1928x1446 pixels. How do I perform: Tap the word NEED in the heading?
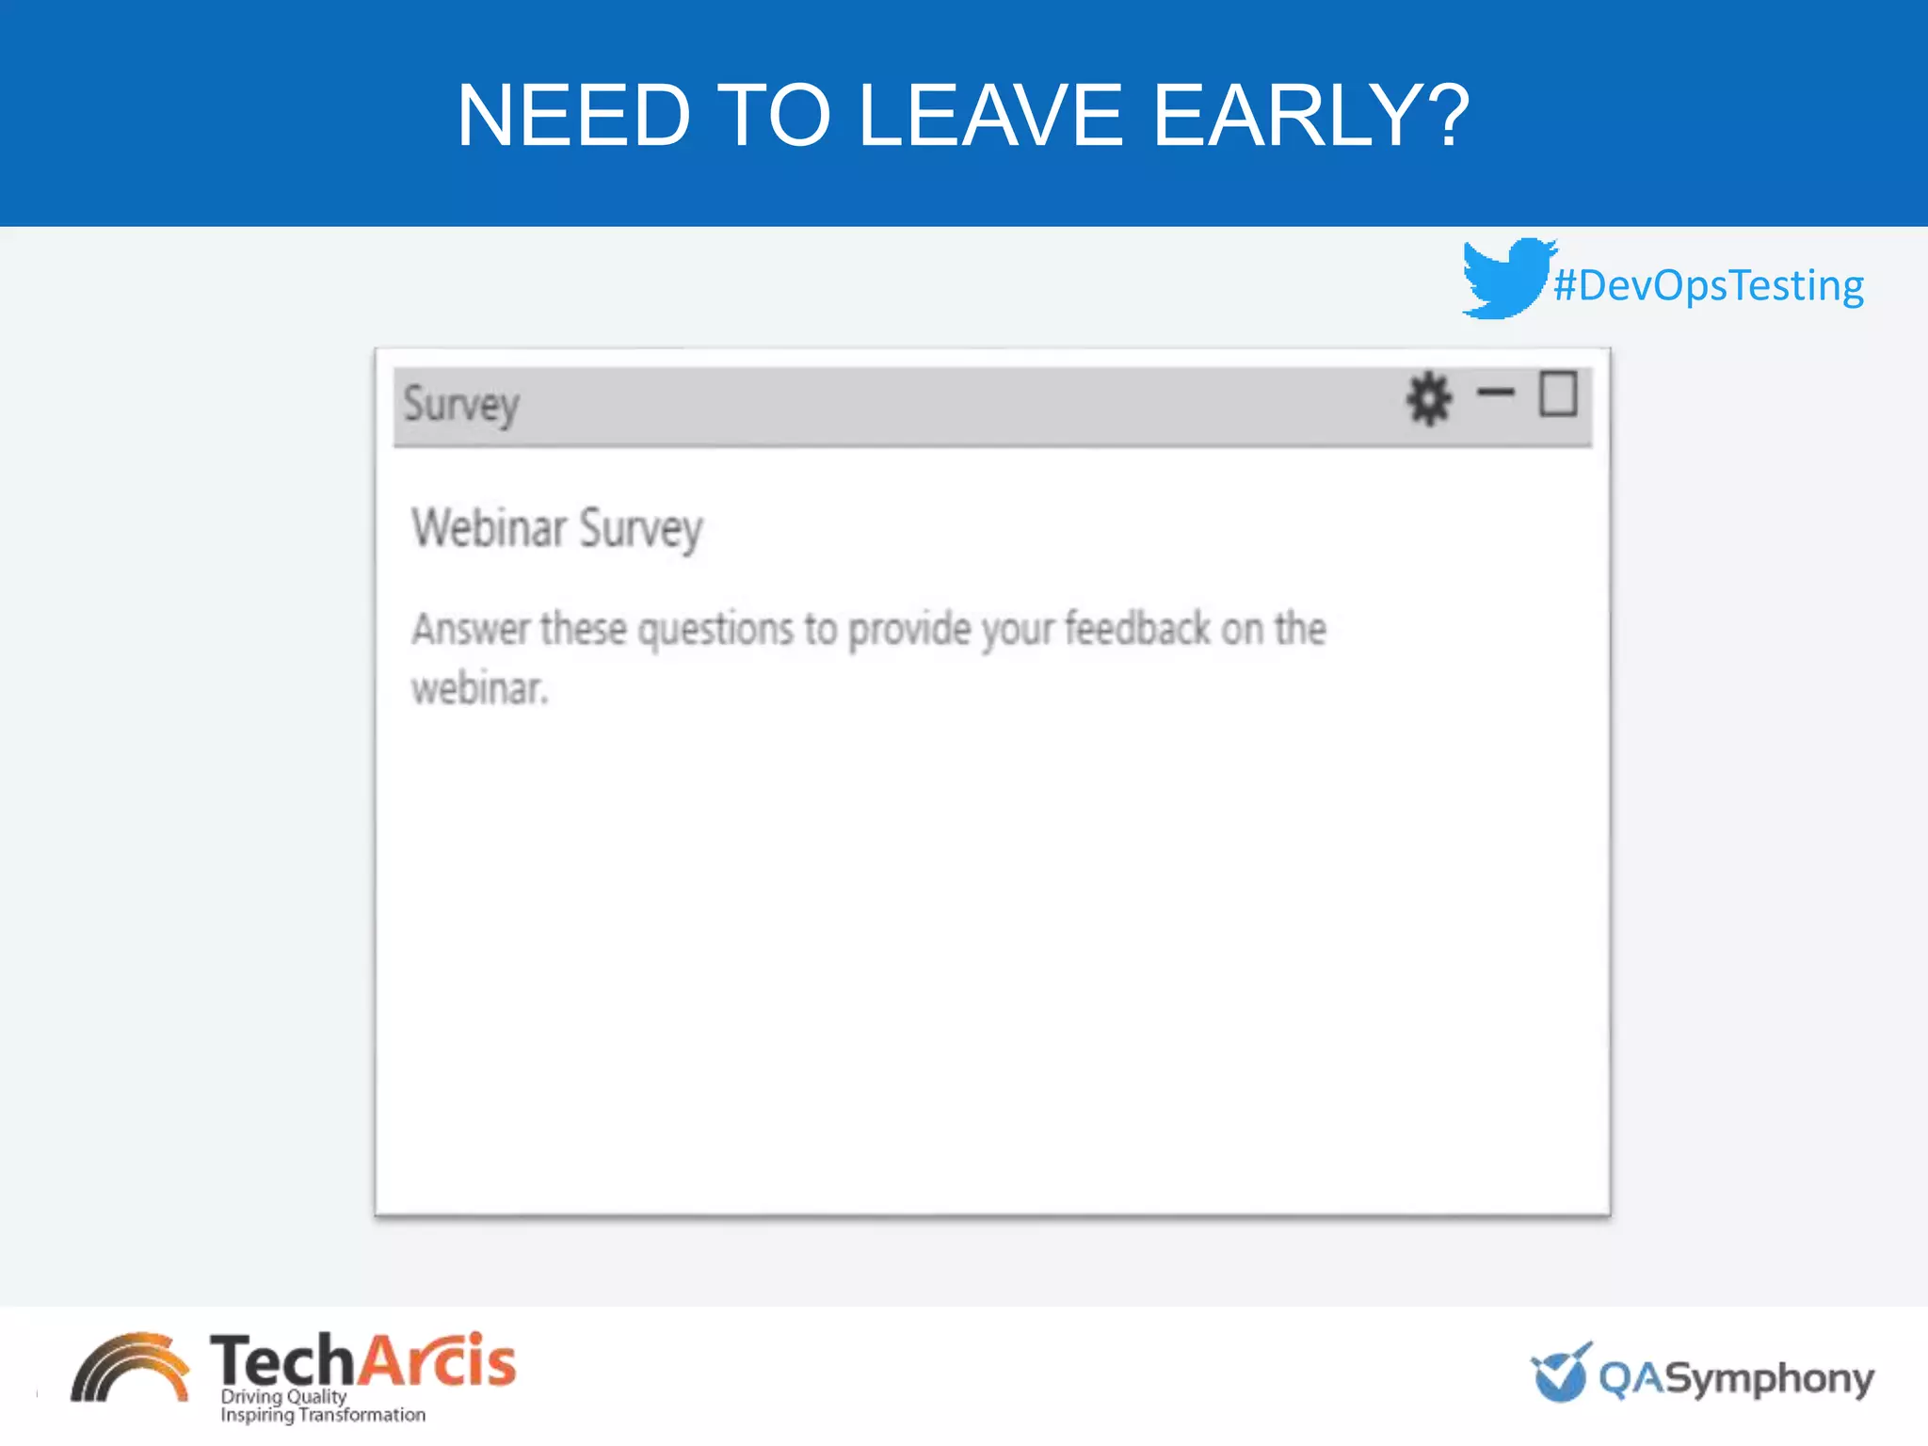coord(574,116)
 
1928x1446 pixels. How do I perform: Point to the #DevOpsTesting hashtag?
coord(1709,285)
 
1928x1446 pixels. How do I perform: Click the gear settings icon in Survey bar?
coord(1429,398)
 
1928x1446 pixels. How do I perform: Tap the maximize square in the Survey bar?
coord(1558,394)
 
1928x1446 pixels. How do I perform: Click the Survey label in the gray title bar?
coord(461,406)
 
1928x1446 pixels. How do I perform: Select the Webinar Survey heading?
coord(557,528)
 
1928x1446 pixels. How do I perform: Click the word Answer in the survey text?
coord(471,629)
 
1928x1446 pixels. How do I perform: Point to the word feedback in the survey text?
coord(1137,629)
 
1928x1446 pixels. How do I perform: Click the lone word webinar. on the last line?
coord(479,689)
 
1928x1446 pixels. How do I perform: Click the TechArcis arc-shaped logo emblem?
coord(130,1368)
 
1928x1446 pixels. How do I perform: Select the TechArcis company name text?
coord(362,1360)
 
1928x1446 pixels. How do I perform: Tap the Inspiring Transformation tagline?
coord(323,1415)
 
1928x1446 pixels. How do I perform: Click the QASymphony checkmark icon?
coord(1561,1373)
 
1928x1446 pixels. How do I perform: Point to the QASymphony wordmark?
coord(1736,1378)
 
